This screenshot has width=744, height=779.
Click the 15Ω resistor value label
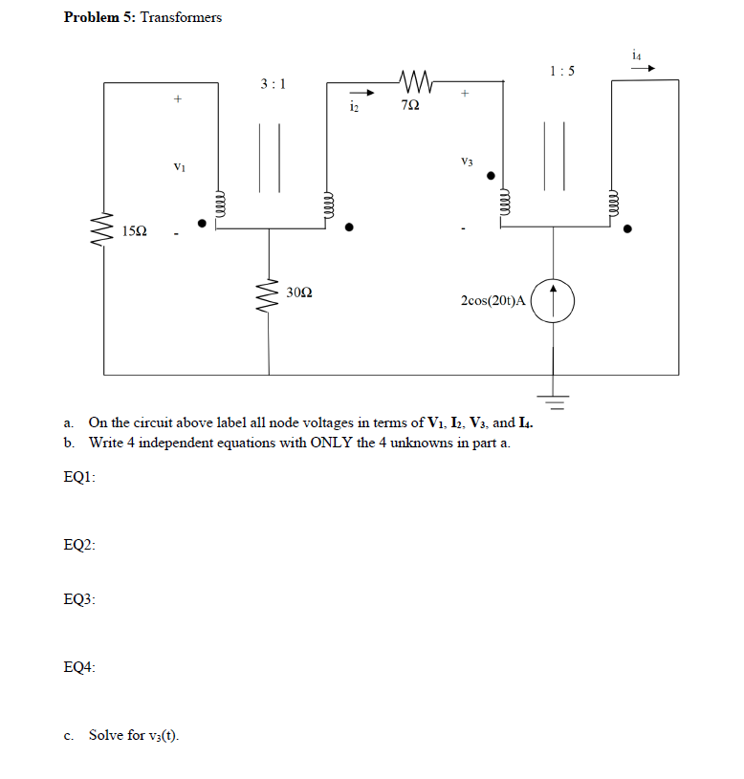[134, 231]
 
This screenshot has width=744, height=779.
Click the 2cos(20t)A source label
[492, 300]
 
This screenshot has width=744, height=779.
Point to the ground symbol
[553, 394]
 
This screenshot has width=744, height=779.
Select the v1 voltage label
[178, 167]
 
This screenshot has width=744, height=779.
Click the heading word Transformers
[181, 17]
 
